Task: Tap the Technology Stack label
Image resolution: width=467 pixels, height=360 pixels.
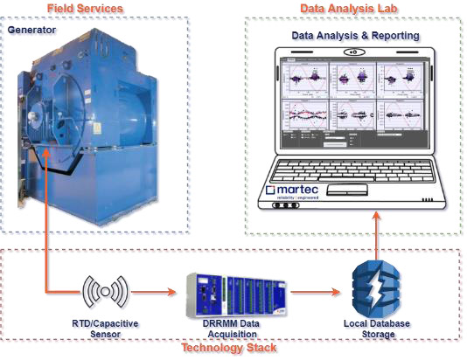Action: point(228,348)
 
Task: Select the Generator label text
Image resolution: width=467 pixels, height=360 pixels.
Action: point(31,30)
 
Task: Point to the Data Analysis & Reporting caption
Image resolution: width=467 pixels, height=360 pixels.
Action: point(355,36)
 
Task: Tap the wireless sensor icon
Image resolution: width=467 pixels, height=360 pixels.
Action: point(105,291)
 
